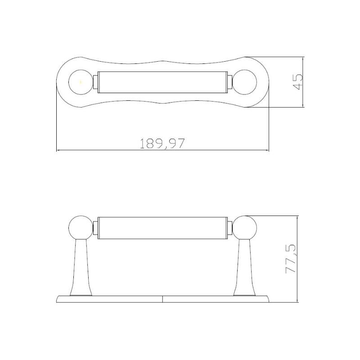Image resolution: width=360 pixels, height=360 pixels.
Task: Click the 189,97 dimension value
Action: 162,144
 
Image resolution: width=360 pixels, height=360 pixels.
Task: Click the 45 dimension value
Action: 297,81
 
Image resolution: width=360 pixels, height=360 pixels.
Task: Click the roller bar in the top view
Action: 162,82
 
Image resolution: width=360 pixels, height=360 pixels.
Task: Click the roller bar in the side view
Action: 162,227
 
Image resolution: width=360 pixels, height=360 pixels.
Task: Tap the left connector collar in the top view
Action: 95,82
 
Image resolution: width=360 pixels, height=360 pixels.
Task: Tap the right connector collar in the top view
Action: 230,82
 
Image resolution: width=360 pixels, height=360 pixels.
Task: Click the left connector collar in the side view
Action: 95,227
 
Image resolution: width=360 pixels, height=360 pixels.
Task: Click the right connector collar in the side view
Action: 230,227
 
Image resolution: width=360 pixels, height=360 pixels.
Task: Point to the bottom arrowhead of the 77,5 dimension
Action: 297,300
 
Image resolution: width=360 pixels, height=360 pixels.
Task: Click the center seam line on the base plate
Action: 162,298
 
